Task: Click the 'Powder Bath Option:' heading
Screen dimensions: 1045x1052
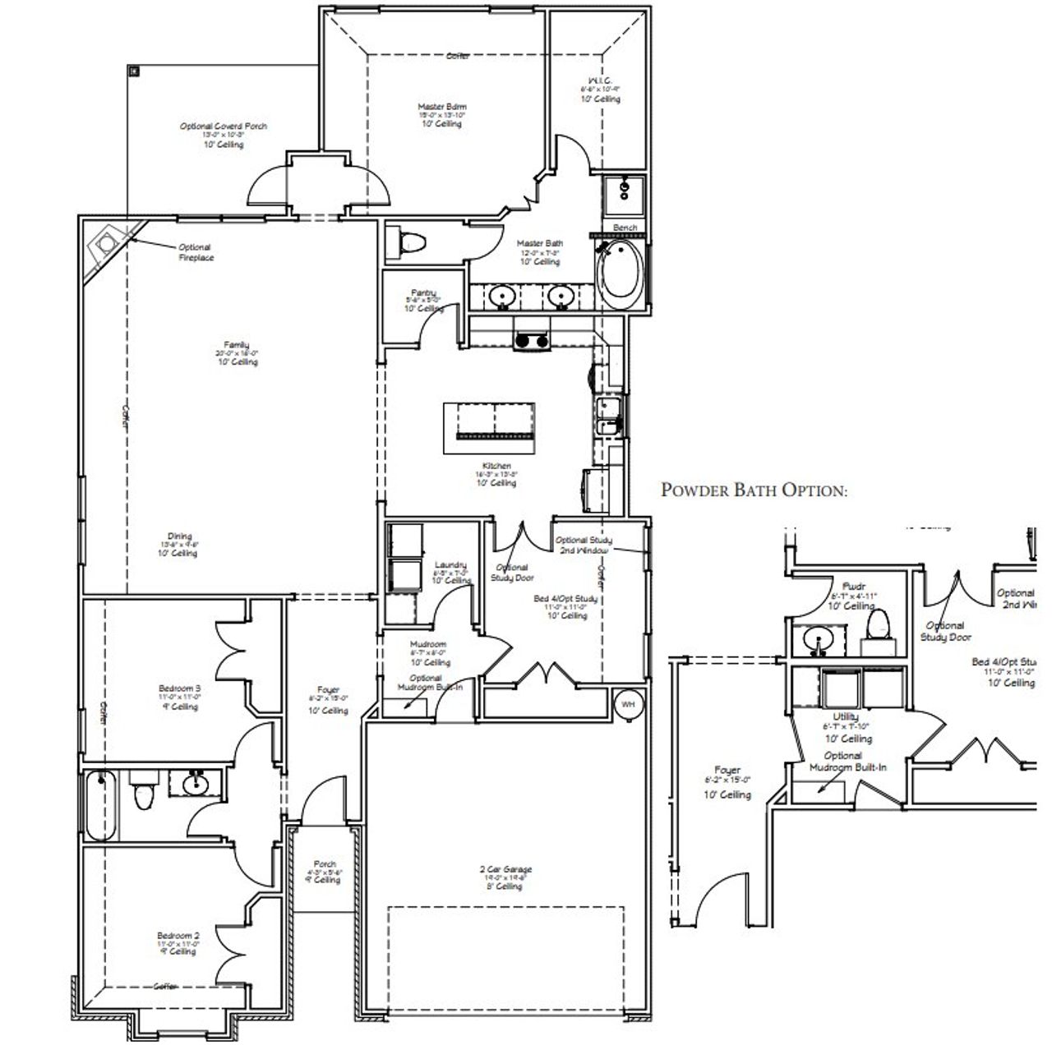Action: tap(754, 490)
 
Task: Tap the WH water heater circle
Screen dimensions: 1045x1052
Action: tap(629, 704)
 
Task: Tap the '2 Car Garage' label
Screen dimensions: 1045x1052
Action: tap(507, 869)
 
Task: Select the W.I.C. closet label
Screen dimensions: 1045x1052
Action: tap(600, 81)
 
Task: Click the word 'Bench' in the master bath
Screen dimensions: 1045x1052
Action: tap(625, 228)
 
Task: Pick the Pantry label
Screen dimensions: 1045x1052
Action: tap(423, 292)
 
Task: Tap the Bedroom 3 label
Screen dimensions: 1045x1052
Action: tap(179, 688)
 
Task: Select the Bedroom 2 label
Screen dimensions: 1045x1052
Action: tap(178, 936)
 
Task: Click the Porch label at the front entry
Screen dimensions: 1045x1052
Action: tap(325, 864)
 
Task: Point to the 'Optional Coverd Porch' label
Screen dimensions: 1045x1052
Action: tap(224, 127)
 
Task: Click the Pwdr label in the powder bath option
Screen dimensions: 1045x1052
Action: tap(854, 587)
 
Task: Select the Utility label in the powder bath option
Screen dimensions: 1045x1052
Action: tap(846, 717)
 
